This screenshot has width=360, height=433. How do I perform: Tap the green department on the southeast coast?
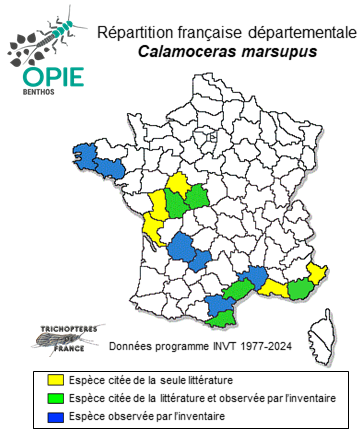coord(300,289)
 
